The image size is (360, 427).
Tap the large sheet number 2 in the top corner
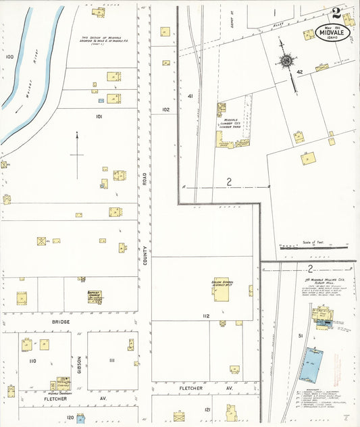tap(336, 13)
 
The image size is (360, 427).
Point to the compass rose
tap(286, 61)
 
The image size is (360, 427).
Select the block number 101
tap(99, 117)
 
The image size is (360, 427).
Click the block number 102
tap(165, 109)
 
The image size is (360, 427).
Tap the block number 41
tap(190, 97)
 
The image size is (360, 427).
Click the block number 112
tap(205, 316)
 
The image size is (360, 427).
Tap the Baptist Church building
tap(94, 296)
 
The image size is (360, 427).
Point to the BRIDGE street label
tap(61, 322)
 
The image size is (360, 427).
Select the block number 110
tap(32, 361)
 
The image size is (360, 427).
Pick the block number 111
tap(112, 360)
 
